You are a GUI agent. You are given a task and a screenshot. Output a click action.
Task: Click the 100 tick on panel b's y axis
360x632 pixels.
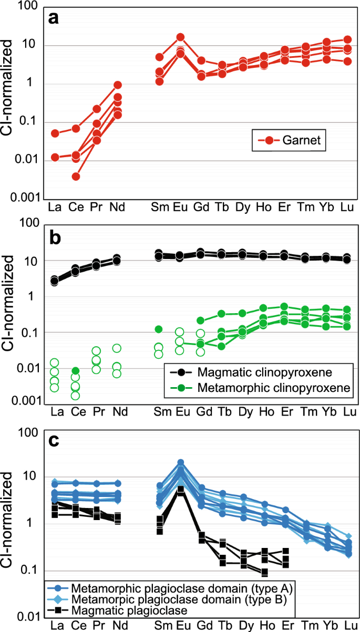(27, 224)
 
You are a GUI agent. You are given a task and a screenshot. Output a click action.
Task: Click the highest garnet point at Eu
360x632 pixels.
(180, 37)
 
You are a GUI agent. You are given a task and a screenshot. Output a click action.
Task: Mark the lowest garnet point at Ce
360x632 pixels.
(76, 177)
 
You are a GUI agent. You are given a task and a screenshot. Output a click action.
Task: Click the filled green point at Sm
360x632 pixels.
(158, 329)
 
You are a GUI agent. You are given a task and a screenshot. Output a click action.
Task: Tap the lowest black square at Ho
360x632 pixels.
(264, 572)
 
